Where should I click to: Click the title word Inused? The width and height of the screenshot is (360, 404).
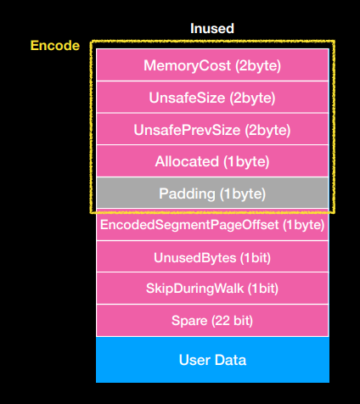[x=211, y=29]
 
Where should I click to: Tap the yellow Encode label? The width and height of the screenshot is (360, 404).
[x=55, y=46]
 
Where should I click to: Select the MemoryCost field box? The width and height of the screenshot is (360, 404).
[x=212, y=65]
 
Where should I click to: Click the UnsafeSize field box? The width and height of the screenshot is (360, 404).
[x=212, y=98]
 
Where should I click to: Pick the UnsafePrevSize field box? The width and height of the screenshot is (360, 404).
[x=212, y=130]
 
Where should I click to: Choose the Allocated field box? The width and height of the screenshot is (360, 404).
[x=212, y=161]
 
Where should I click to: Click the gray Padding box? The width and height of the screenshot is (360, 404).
[x=212, y=194]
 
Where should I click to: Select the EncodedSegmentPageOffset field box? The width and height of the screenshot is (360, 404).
[x=212, y=225]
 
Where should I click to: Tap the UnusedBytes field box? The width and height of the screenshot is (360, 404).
[x=212, y=256]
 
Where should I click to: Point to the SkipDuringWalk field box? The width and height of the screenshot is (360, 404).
[x=212, y=289]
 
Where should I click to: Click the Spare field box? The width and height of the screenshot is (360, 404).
[x=212, y=321]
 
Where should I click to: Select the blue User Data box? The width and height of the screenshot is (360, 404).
[x=212, y=360]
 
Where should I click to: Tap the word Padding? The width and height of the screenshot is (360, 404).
[x=188, y=194]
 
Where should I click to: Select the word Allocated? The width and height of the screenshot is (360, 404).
[x=188, y=161]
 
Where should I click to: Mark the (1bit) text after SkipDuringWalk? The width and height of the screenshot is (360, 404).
[x=258, y=289]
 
